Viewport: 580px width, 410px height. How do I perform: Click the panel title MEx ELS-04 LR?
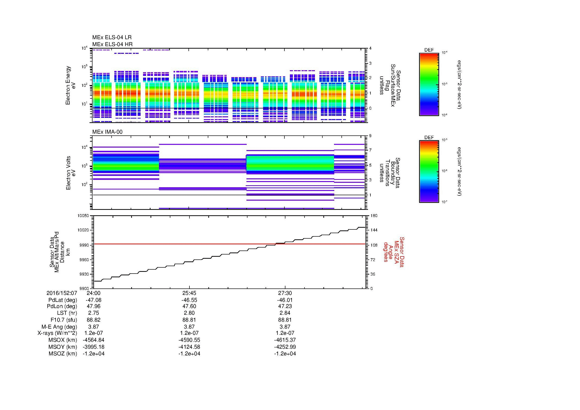click(x=112, y=37)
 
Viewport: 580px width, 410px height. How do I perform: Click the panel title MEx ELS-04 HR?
click(x=112, y=44)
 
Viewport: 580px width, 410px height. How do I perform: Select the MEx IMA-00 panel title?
click(x=107, y=132)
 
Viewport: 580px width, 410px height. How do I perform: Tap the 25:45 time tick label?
click(x=189, y=293)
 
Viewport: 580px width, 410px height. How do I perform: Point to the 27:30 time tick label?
click(x=285, y=293)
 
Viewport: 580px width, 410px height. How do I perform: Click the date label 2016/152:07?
click(x=62, y=293)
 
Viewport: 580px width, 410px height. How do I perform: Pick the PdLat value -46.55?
click(x=189, y=300)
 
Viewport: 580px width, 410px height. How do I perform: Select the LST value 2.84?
click(x=285, y=313)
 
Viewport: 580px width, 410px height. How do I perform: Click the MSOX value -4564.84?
click(x=93, y=340)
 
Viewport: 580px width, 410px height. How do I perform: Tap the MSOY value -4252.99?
click(x=285, y=347)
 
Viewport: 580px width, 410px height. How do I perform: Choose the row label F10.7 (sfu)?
click(x=64, y=320)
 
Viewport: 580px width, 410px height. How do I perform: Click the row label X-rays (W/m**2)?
click(x=57, y=333)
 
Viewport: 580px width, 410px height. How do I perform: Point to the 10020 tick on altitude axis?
click(x=83, y=230)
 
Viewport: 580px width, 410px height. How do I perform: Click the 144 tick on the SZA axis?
click(x=374, y=230)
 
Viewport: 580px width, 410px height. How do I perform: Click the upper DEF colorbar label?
click(x=429, y=50)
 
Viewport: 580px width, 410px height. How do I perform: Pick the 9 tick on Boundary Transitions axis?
click(x=370, y=136)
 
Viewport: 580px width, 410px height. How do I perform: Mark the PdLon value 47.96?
click(x=93, y=306)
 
